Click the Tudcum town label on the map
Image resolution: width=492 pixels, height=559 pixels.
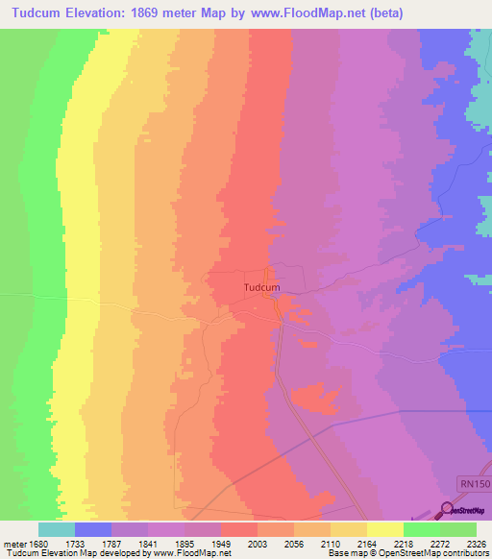(x=261, y=286)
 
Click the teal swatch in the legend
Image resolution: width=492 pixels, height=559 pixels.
(x=57, y=529)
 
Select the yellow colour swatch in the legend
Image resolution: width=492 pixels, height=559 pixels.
(x=385, y=529)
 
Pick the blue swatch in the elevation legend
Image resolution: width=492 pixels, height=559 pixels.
(x=93, y=529)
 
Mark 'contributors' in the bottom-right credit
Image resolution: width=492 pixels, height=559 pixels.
(x=466, y=553)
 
